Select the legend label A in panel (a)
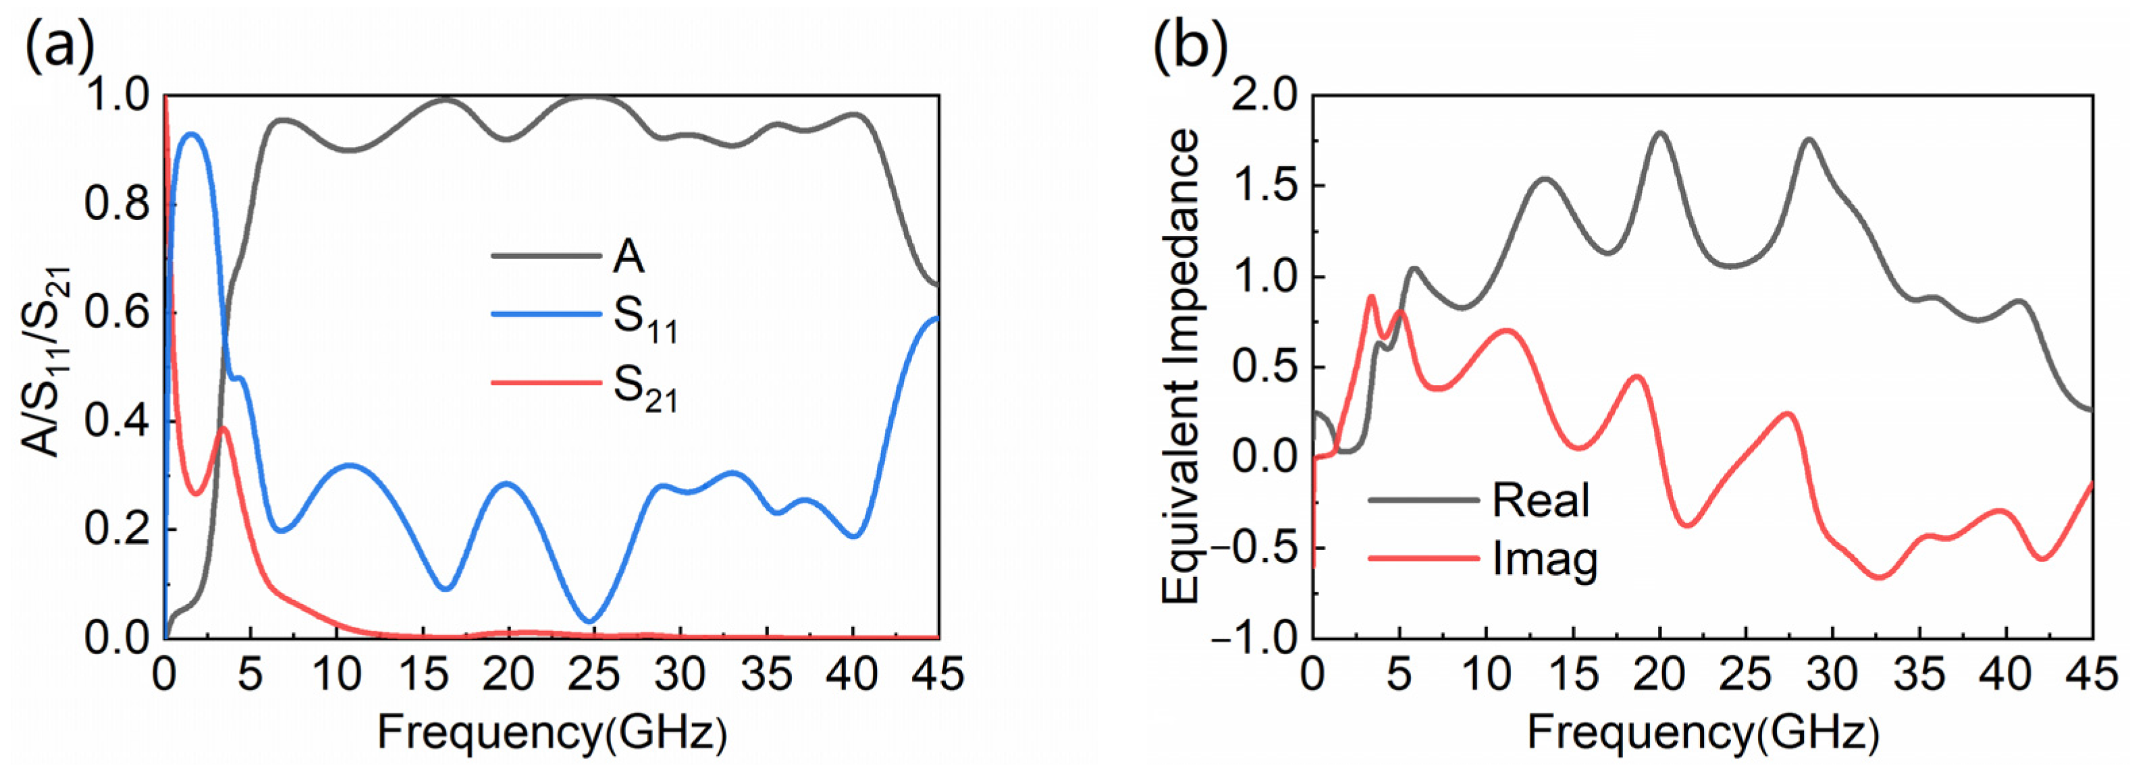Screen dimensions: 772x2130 (629, 257)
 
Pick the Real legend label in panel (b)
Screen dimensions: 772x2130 (1541, 501)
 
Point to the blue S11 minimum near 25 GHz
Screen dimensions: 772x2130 (589, 622)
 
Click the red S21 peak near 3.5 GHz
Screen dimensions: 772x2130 (224, 428)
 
